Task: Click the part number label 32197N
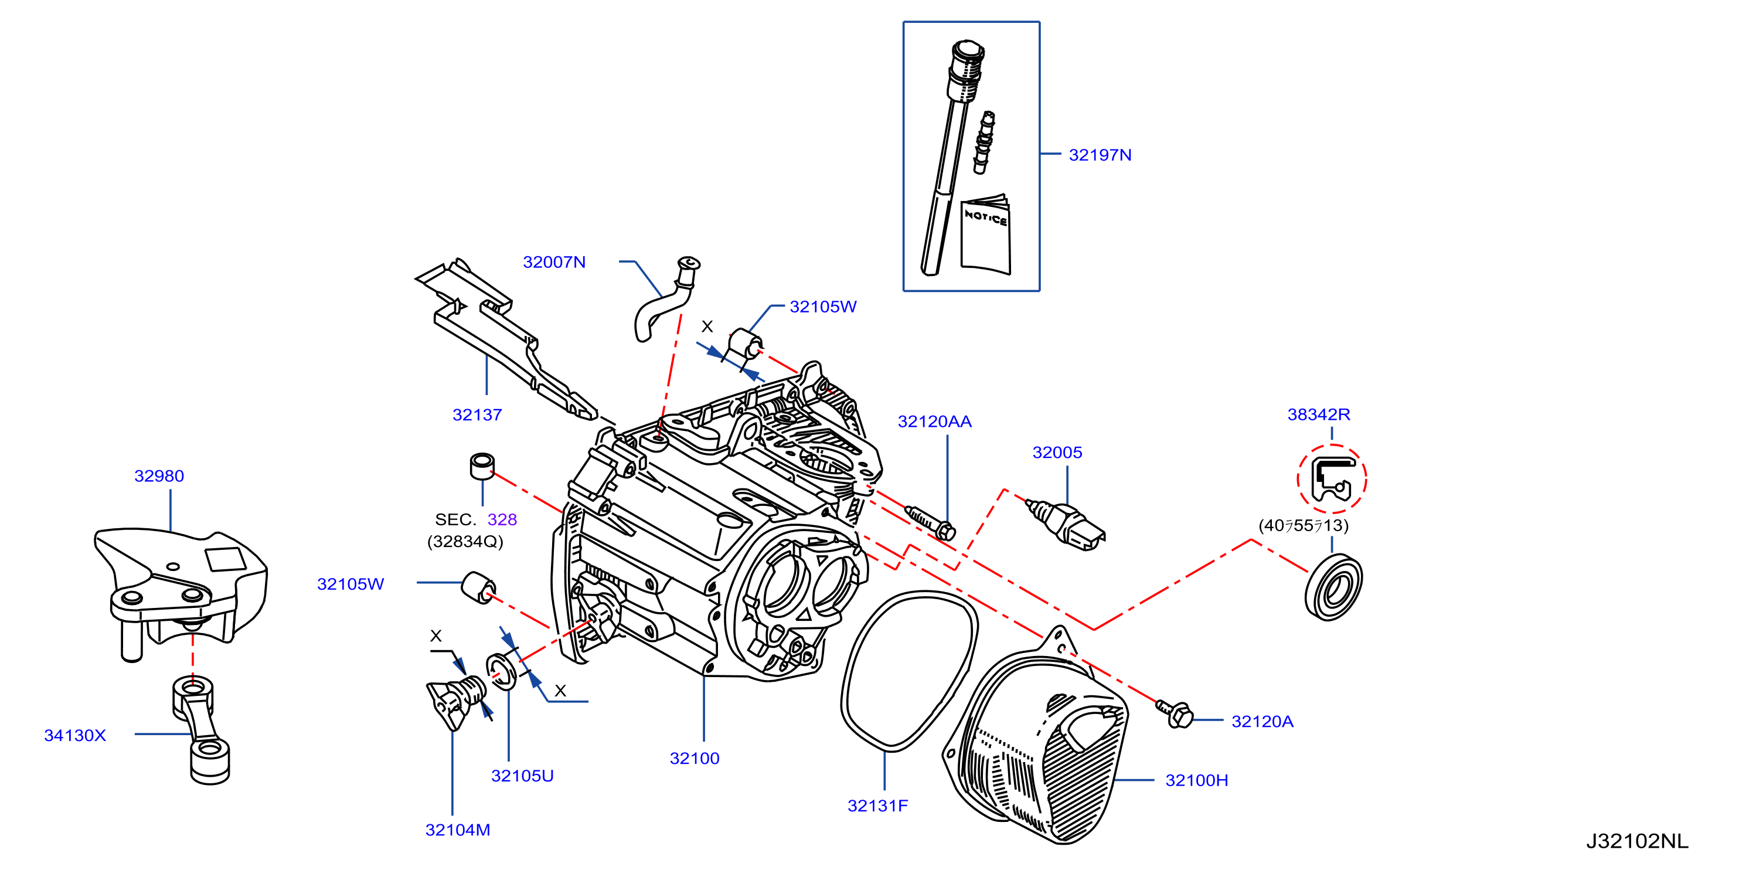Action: click(x=1100, y=155)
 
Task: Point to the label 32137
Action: click(x=477, y=414)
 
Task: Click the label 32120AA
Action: click(x=935, y=422)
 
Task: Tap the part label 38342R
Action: click(x=1318, y=414)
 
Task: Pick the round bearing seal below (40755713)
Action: click(x=1333, y=587)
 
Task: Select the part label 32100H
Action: click(x=1196, y=780)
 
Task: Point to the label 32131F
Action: click(x=877, y=806)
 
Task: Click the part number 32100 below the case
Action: click(x=695, y=758)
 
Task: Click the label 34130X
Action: click(x=75, y=735)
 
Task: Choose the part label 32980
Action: click(x=159, y=476)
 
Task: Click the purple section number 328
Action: click(x=502, y=519)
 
